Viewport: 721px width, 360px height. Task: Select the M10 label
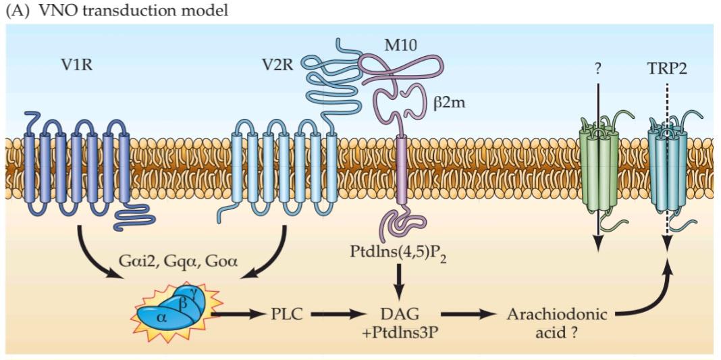tap(401, 45)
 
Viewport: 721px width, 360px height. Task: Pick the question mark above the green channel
tap(597, 68)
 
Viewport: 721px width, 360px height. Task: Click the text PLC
tap(288, 314)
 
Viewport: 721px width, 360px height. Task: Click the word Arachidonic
tap(556, 314)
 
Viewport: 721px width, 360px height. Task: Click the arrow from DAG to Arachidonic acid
tap(471, 314)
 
